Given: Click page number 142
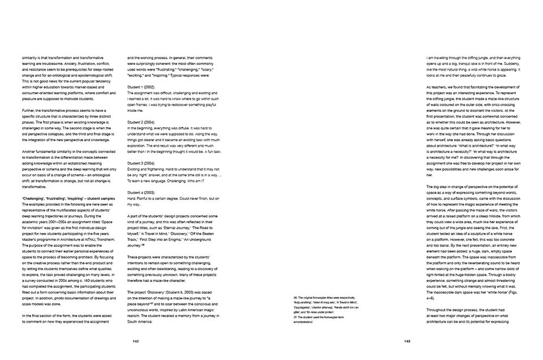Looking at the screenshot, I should [x=136, y=341].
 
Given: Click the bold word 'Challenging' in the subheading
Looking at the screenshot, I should [x=34, y=199].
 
